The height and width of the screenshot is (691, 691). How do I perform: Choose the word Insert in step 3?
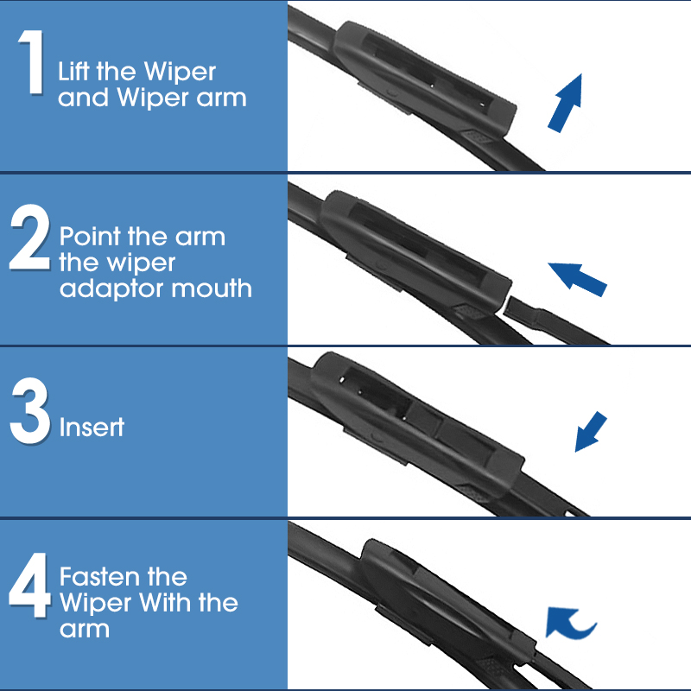tap(92, 427)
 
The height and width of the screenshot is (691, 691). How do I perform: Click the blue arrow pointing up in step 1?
tap(566, 102)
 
